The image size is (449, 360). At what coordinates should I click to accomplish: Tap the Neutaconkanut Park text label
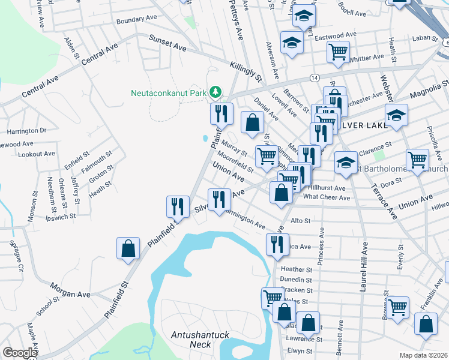(x=169, y=93)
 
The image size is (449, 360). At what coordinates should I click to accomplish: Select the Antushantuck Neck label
(x=191, y=340)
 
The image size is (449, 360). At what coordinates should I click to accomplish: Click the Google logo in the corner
(x=20, y=353)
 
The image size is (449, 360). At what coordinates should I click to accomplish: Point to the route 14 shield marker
(x=315, y=79)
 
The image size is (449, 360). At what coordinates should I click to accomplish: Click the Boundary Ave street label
(x=136, y=20)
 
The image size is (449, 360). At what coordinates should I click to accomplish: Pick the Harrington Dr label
(x=26, y=130)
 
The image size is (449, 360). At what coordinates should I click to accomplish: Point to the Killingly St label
(x=246, y=70)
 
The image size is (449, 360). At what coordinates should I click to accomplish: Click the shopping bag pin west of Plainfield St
(x=128, y=248)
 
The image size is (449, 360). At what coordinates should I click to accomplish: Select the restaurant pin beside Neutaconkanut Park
(x=221, y=112)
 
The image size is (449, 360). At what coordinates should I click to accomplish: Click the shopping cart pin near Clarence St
(x=417, y=159)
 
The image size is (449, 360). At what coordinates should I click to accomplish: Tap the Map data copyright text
(x=424, y=355)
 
